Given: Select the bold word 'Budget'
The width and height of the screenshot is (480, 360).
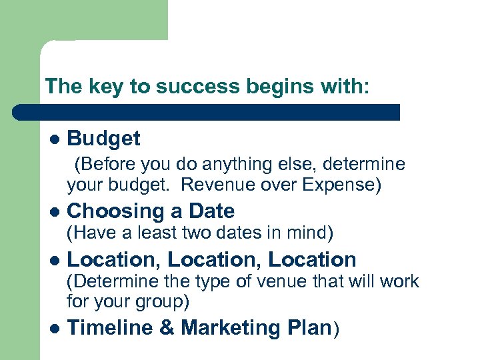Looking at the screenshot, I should [x=103, y=139].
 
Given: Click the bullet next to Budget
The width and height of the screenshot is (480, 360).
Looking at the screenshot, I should [x=55, y=139].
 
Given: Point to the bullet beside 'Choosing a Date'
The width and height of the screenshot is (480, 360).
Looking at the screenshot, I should [x=55, y=212].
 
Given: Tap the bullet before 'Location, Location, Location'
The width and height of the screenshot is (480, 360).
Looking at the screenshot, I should [x=55, y=260].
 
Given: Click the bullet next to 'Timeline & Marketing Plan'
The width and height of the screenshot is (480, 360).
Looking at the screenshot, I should [x=55, y=329].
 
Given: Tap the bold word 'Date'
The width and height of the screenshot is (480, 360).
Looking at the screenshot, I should [x=211, y=212].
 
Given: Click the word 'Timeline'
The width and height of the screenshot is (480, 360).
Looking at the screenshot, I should [x=107, y=328].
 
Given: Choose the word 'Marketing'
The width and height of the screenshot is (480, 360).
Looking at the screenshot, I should [x=231, y=328].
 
